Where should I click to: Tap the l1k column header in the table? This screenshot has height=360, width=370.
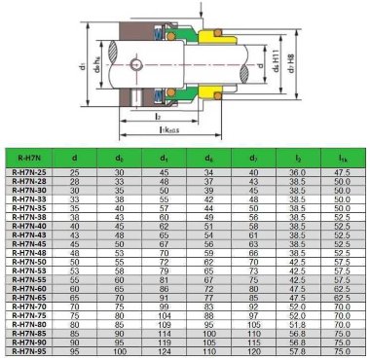[x=341, y=155]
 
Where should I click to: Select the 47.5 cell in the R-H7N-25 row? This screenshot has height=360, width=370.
[x=341, y=171]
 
